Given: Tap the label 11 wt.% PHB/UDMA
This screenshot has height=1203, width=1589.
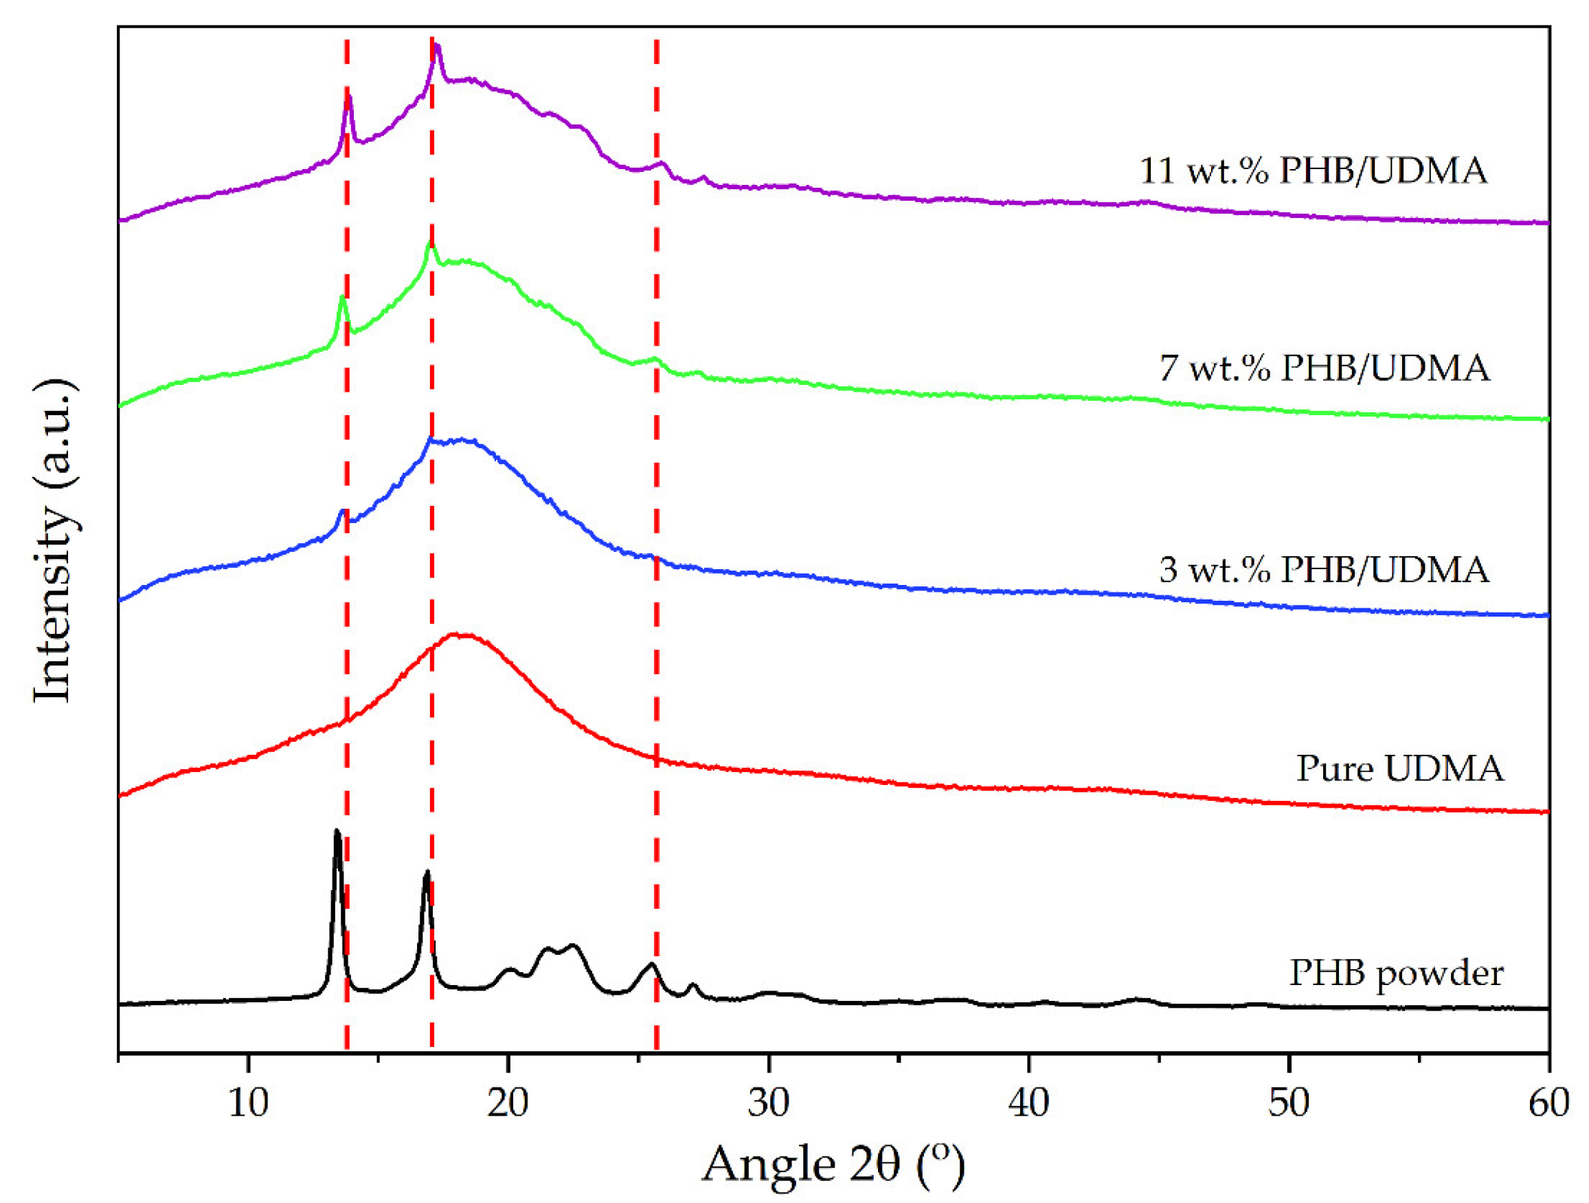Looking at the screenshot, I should click(x=1313, y=171).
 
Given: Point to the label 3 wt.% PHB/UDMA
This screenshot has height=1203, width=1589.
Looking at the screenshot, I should click(x=1324, y=570).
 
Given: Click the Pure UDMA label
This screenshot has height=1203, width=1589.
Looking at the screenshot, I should click(x=1399, y=769).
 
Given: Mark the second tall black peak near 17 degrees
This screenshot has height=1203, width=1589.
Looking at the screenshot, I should click(x=427, y=872).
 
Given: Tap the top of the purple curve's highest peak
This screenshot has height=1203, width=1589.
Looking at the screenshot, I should click(x=436, y=45).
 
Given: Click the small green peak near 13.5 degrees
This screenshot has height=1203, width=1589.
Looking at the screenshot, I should click(x=343, y=297).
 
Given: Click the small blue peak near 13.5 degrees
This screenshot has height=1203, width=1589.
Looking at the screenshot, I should click(x=343, y=511).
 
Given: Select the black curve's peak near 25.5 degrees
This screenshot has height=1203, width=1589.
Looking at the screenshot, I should click(x=651, y=964).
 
